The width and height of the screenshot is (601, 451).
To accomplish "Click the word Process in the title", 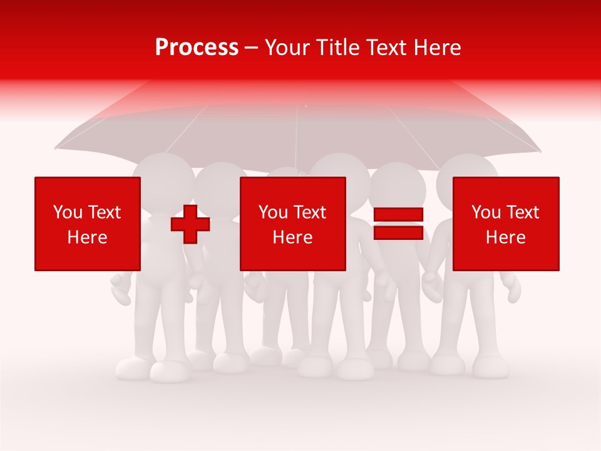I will point(197,48).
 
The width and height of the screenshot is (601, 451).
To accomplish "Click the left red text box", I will point(88,224).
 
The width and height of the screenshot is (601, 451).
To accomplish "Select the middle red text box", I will point(293,224).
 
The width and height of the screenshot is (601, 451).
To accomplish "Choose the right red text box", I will point(506,224).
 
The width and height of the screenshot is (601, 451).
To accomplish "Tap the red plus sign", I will point(190,224).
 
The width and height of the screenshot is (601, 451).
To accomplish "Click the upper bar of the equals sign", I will point(398,214).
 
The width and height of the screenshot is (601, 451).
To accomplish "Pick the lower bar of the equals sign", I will point(398,232).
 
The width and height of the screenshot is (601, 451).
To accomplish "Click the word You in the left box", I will point(68,212).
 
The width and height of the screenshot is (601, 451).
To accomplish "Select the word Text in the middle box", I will point(309,212).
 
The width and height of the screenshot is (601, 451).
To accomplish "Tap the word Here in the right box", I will point(506,237).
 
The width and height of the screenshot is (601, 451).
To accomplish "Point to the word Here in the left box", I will point(88,237).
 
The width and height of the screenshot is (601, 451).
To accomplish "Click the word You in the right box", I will point(486,212).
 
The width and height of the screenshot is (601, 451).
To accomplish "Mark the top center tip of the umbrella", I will point(306,105).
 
